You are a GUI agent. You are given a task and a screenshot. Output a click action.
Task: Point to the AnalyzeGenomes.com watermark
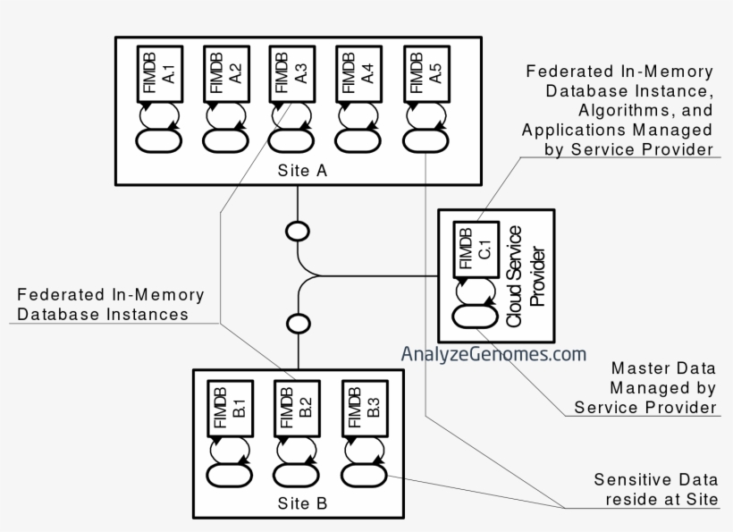point(493,354)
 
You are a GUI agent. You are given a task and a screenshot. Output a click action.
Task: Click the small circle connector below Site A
point(297,232)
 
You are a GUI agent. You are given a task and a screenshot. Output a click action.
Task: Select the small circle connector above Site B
point(297,322)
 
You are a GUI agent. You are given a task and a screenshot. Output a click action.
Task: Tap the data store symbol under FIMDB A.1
point(159,140)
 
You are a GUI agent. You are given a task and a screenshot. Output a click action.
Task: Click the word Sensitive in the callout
point(621,479)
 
